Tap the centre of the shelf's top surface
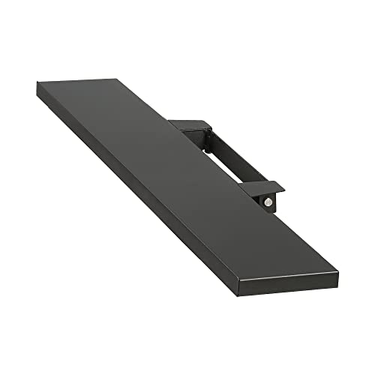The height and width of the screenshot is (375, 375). pyautogui.click(x=187, y=180)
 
